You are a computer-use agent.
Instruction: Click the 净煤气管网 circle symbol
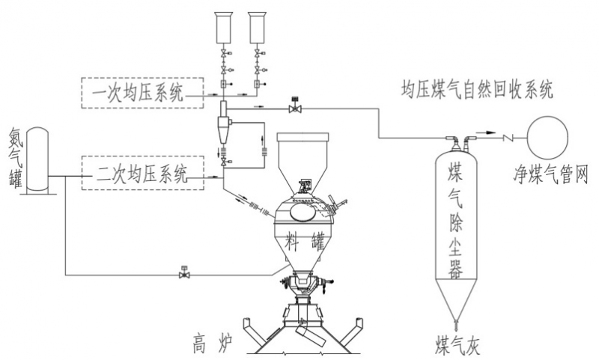coord(550,135)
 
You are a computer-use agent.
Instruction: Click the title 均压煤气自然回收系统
coord(476,92)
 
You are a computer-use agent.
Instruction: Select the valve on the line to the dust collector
coord(294,109)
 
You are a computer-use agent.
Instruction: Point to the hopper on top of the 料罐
coord(303,157)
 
